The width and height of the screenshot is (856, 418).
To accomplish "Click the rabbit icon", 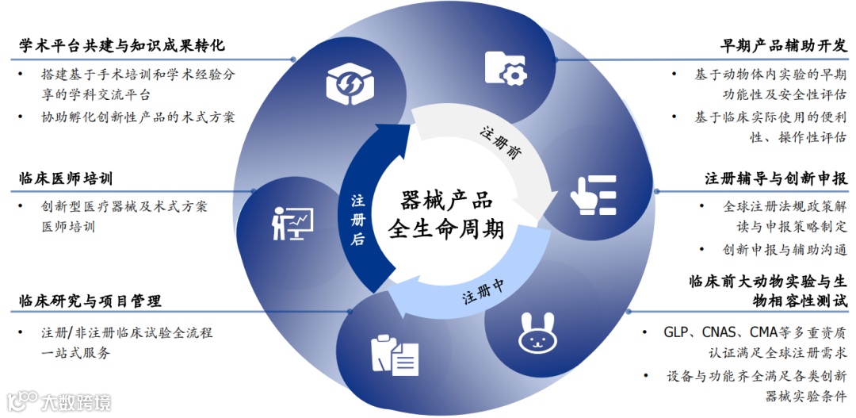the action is [x=534, y=334].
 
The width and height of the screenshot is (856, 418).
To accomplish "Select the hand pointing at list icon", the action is [x=593, y=192].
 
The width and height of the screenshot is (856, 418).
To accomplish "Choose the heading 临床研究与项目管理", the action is [x=90, y=301].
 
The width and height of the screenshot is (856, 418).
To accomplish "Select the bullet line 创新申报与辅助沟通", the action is [x=785, y=249].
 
